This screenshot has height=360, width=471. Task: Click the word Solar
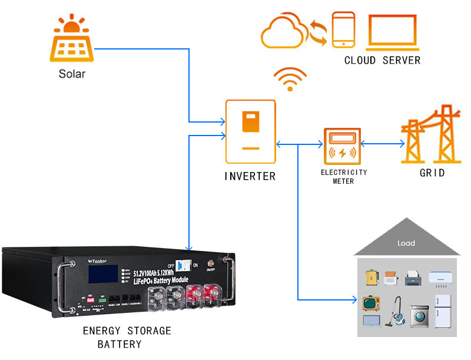[72, 74]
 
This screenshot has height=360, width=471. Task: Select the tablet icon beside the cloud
[343, 29]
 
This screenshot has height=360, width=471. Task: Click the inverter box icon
[251, 131]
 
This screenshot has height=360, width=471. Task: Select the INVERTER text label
[250, 176]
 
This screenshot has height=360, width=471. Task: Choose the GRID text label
[432, 173]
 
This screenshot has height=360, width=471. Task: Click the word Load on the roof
[406, 243]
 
